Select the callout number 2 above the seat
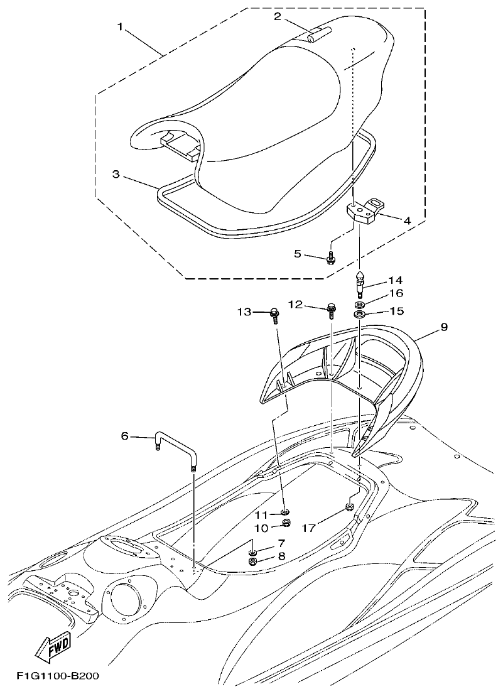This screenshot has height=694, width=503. (277, 16)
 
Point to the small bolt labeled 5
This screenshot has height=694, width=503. (330, 257)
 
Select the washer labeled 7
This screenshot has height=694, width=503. (252, 551)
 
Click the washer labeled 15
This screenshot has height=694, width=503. (360, 313)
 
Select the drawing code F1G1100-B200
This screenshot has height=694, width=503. (58, 676)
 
